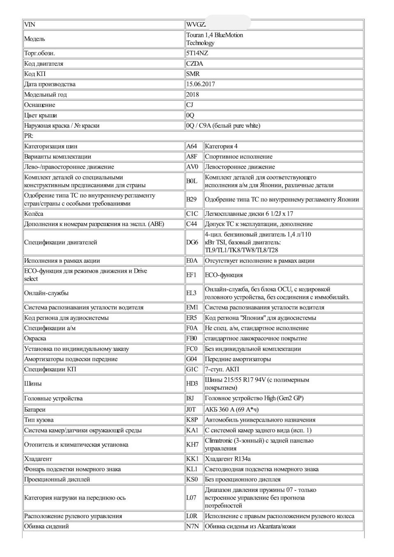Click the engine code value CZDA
click(x=195, y=64)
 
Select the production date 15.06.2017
click(x=200, y=84)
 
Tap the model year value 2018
click(x=192, y=94)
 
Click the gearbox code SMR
click(x=193, y=74)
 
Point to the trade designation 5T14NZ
click(x=197, y=53)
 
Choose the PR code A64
click(x=192, y=146)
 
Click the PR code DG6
click(x=192, y=242)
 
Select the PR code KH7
click(x=192, y=445)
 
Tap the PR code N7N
click(x=192, y=526)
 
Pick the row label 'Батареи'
click(x=34, y=409)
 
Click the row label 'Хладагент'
click(x=38, y=459)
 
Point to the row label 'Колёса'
click(x=34, y=214)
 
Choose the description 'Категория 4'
click(x=221, y=146)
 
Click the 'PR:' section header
click(x=29, y=136)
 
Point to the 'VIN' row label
click(x=30, y=25)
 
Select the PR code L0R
click(x=192, y=516)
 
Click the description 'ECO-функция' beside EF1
click(x=224, y=275)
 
